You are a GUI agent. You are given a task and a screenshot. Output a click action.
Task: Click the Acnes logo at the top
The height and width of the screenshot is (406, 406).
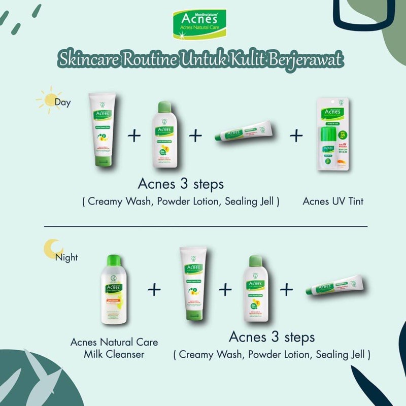coord(203,24)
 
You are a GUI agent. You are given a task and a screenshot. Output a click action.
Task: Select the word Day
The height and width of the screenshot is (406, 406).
coord(63,102)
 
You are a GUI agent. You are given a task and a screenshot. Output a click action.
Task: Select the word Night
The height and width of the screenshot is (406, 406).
coord(66,257)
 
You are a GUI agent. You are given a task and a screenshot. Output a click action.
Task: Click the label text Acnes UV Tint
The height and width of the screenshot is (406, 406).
coord(333,201)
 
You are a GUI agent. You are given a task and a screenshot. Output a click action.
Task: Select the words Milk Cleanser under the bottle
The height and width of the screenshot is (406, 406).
coord(114,354)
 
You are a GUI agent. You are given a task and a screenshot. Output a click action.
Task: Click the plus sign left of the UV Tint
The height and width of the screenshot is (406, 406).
coord(296,136)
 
